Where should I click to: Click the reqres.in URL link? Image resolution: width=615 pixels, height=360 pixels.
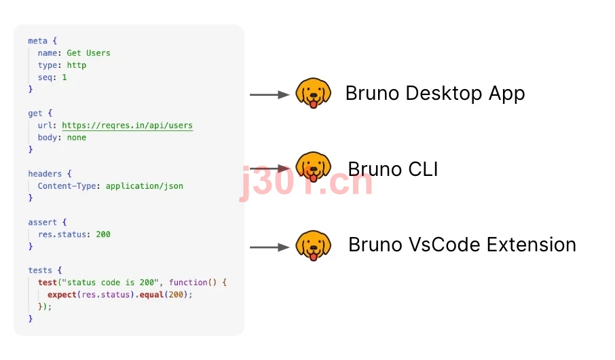128,125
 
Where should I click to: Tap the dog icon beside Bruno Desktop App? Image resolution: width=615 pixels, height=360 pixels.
313,93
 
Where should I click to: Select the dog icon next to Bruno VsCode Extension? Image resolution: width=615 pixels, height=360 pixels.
313,246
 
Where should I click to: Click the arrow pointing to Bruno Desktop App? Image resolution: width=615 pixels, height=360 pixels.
269,94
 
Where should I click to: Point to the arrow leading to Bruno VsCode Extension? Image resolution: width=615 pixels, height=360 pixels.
269,247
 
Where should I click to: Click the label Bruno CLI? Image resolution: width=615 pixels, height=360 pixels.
393,169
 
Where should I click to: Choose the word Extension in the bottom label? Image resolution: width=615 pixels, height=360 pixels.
532,245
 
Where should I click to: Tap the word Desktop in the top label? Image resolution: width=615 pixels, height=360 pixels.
443,94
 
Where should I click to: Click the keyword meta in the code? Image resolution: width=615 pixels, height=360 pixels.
37,41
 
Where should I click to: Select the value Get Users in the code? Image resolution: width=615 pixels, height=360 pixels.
89,53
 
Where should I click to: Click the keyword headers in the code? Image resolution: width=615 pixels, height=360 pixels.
45,173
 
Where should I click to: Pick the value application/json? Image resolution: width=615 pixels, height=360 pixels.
145,186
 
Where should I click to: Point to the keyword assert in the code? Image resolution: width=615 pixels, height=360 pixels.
42,222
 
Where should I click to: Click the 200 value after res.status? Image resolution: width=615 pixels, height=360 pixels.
103,234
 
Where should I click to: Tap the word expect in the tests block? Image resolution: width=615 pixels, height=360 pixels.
62,295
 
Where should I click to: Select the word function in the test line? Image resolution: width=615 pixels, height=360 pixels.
188,283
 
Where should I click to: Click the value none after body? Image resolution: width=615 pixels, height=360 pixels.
77,137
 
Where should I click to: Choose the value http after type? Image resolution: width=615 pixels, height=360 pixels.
77,65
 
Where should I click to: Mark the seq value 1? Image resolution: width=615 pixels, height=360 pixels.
64,77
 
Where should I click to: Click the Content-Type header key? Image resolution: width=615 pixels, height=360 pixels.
67,186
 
